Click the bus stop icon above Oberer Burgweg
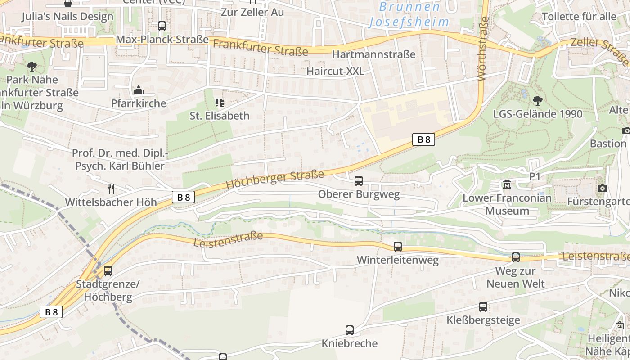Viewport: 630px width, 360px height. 359,181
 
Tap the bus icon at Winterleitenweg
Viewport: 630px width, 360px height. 398,247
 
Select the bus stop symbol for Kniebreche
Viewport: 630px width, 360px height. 350,330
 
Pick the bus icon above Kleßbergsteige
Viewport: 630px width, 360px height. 483,307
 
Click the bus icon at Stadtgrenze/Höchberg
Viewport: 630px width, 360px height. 108,271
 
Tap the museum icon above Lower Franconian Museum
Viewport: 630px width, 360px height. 507,184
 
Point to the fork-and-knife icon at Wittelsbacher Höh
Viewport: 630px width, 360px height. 111,189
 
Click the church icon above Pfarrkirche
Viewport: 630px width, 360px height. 138,90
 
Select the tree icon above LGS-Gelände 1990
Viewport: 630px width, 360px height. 537,100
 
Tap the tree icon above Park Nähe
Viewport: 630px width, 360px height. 32,67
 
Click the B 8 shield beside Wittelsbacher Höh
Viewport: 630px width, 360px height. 183,197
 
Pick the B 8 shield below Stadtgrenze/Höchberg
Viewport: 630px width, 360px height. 51,312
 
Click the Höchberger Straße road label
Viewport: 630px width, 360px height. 274,180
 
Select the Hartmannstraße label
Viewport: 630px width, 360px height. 373,54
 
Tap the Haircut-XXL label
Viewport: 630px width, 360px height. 335,71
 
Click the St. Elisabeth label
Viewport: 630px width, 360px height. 219,116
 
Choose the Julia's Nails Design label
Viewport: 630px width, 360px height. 67,17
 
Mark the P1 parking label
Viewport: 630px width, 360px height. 535,177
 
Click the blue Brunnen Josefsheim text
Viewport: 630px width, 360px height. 409,14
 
